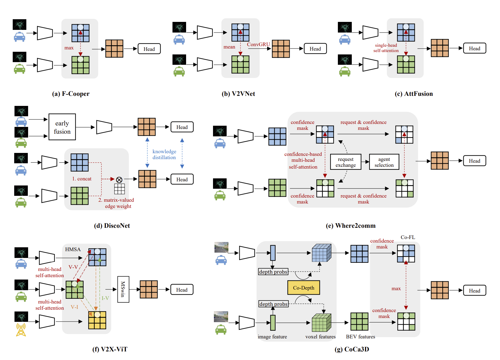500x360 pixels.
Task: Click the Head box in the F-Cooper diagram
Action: [149, 49]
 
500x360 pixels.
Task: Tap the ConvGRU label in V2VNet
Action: [258, 44]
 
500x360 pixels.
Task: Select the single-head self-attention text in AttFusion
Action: [386, 48]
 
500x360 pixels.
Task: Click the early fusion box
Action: [62, 127]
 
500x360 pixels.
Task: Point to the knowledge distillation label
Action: [164, 154]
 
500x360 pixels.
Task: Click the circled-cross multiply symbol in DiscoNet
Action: [119, 180]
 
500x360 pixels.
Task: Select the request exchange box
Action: [346, 162]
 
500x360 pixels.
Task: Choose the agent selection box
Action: [384, 162]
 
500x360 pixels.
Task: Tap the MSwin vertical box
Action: [123, 289]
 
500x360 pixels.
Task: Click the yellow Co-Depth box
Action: [304, 288]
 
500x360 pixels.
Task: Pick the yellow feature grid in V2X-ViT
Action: [97, 320]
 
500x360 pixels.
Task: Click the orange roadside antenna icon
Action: [21, 330]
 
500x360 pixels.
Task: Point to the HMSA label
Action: [73, 249]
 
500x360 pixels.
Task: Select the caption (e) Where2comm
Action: [351, 226]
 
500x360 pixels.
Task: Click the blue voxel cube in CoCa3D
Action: [321, 253]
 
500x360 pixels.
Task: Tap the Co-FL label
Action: [408, 237]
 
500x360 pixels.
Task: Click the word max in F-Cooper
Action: [69, 48]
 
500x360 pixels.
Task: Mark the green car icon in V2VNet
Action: [179, 72]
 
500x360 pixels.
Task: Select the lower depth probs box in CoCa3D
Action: [273, 304]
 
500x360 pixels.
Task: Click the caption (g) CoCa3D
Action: [352, 349]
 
